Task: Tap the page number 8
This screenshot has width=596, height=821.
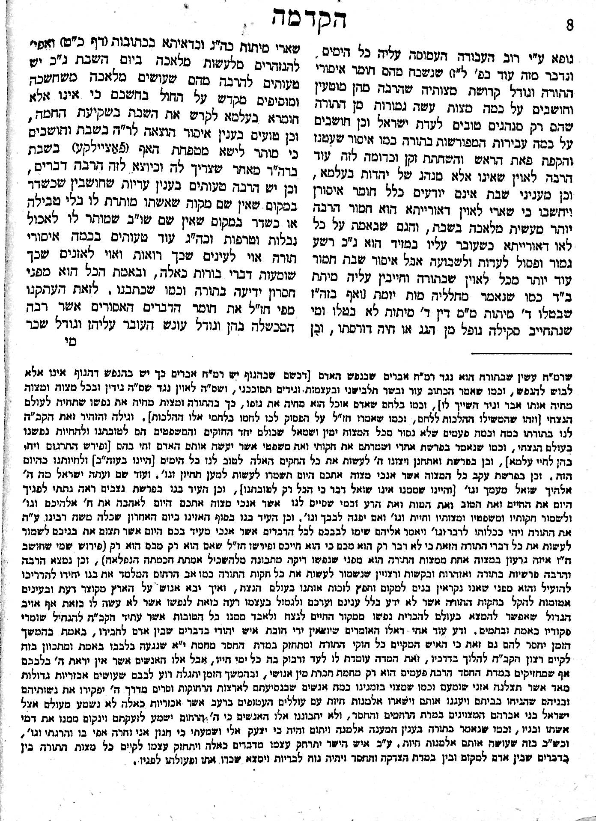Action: (569, 26)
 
